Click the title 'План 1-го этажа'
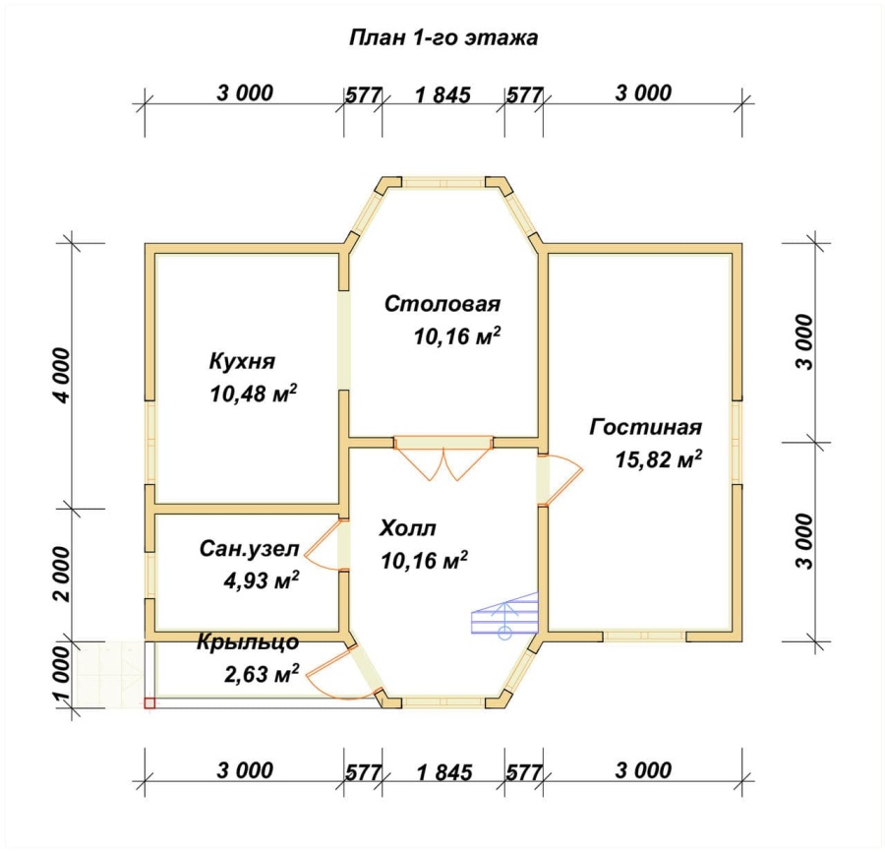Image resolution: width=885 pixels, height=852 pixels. click(443, 37)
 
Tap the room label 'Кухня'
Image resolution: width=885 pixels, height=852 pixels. click(242, 361)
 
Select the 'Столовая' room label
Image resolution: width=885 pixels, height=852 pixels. click(442, 304)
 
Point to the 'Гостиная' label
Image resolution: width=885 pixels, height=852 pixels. click(646, 427)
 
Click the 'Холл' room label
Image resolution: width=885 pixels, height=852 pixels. click(407, 528)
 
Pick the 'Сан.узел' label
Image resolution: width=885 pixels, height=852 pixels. click(249, 549)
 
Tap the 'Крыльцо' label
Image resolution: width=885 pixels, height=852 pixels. click(248, 642)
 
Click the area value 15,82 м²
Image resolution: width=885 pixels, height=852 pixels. click(659, 459)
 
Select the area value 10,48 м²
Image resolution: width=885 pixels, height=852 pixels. click(254, 394)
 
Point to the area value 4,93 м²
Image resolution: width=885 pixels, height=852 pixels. click(262, 580)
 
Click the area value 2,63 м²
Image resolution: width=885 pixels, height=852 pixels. click(262, 674)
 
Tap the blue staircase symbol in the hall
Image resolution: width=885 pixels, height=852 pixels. click(504, 616)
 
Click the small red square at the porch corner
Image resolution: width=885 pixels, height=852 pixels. click(149, 702)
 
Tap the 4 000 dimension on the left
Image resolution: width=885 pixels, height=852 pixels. click(62, 375)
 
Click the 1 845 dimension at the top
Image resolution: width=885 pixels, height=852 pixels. click(443, 94)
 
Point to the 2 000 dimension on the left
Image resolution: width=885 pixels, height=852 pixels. click(62, 574)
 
